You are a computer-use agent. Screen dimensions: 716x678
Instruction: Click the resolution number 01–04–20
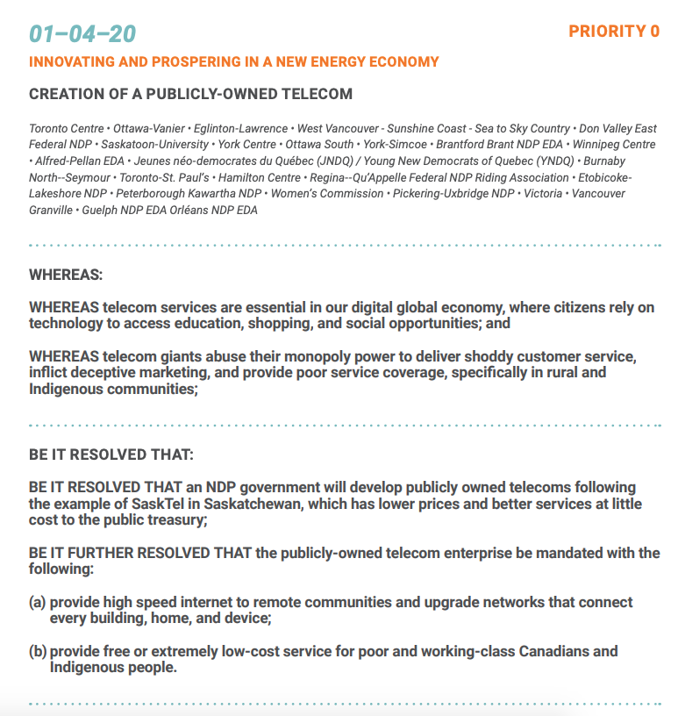tap(82, 33)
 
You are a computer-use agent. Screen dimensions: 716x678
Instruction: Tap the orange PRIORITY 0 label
tap(614, 32)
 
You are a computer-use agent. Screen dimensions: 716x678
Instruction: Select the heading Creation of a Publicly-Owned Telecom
tap(190, 94)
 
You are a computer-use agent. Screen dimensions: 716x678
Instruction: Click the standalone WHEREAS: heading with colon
tap(66, 275)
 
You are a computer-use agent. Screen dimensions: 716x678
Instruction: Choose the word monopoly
tap(314, 358)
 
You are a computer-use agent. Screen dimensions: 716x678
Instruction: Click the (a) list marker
tap(38, 603)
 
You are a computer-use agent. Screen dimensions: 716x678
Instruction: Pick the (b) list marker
tap(38, 651)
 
